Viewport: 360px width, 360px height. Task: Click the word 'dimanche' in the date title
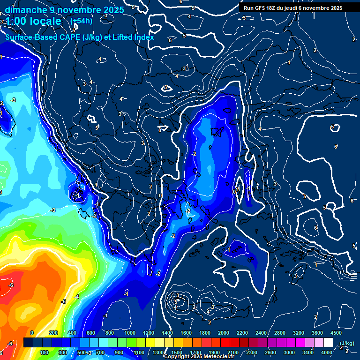[x=24, y=10]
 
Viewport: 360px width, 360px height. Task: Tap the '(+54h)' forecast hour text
[x=81, y=21]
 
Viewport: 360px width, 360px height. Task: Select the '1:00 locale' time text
[x=34, y=22]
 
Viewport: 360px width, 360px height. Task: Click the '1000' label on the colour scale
[x=129, y=333]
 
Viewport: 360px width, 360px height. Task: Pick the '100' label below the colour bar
[x=44, y=352]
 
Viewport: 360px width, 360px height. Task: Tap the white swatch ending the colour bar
[x=328, y=343]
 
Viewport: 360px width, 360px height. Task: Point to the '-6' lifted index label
[x=11, y=285]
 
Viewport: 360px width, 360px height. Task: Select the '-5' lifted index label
[x=64, y=301]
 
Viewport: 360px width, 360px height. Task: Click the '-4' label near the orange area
[x=76, y=297]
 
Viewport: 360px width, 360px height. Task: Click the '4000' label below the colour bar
[x=327, y=352]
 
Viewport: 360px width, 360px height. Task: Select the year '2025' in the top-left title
[x=114, y=10]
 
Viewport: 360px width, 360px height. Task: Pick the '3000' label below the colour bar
[x=289, y=352]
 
